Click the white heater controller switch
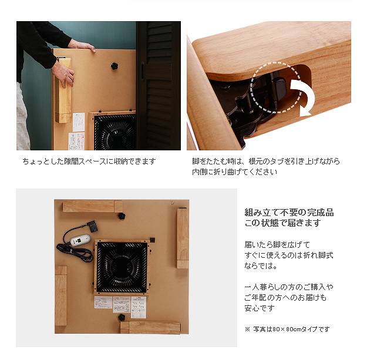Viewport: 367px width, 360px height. [x=80, y=240]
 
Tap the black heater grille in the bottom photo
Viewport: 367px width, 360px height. [x=122, y=267]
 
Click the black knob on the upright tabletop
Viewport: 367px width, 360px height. [x=115, y=66]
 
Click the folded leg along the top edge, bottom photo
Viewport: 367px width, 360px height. [x=93, y=207]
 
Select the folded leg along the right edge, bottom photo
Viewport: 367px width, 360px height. [x=183, y=238]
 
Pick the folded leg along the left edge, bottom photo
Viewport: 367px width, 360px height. [x=61, y=296]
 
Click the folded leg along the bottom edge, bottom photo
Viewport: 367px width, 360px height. [x=150, y=328]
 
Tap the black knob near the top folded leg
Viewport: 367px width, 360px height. [x=121, y=216]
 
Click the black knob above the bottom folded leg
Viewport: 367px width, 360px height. [x=122, y=318]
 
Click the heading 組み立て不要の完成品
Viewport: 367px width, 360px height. [x=289, y=213]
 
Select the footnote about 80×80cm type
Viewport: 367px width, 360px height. [x=287, y=329]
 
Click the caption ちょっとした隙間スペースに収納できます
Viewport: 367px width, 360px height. [x=89, y=162]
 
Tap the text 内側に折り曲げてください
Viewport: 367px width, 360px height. [x=235, y=172]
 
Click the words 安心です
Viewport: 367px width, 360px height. [x=260, y=308]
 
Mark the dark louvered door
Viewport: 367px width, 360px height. [x=159, y=86]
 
